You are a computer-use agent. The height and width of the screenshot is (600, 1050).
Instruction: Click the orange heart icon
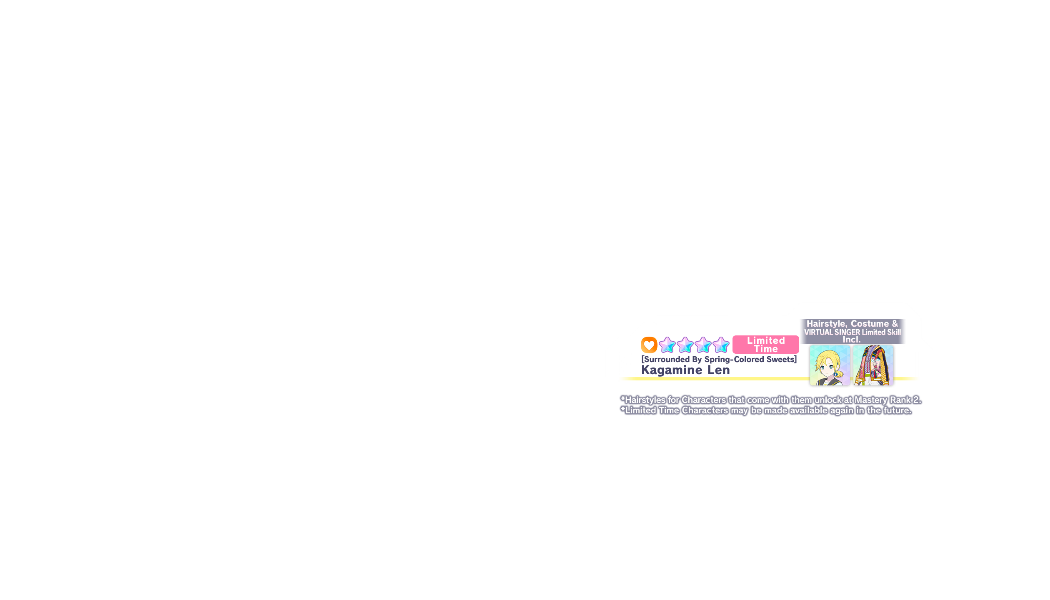click(649, 345)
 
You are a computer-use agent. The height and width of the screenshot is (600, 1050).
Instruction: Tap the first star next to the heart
click(667, 345)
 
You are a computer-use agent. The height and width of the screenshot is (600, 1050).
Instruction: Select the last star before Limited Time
click(721, 345)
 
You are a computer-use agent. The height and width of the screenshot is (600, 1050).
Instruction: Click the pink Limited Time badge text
click(766, 345)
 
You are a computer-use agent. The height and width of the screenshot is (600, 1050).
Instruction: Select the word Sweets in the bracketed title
click(780, 359)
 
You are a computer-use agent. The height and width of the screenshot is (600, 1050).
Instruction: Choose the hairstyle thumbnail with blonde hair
click(829, 365)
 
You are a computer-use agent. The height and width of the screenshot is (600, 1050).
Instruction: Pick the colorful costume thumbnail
click(873, 365)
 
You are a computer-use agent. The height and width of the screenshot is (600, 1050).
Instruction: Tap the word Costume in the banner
click(870, 324)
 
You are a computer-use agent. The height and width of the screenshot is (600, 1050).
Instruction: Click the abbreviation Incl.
click(852, 340)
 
